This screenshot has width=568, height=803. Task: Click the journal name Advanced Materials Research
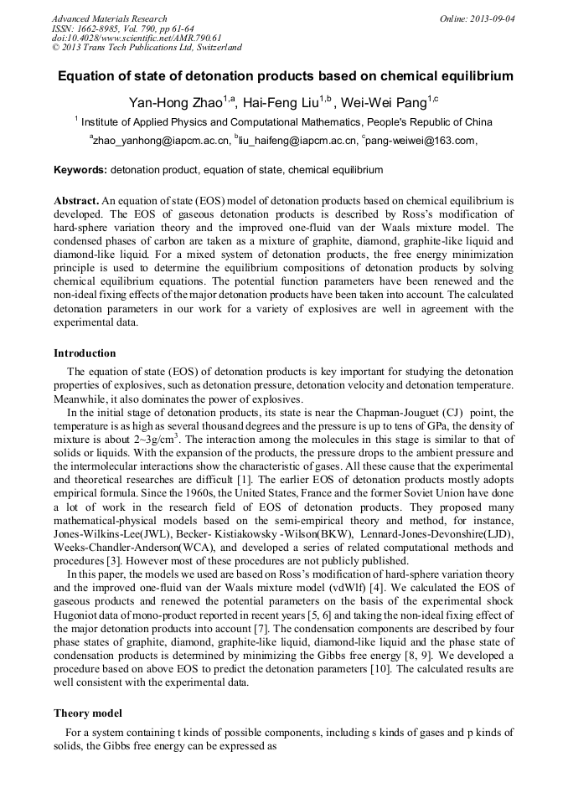110,18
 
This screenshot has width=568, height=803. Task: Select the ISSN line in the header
122,28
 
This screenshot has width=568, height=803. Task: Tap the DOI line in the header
137,38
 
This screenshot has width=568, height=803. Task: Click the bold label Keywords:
80,170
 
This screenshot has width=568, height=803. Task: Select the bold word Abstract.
76,201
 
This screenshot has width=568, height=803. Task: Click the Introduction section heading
85,353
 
